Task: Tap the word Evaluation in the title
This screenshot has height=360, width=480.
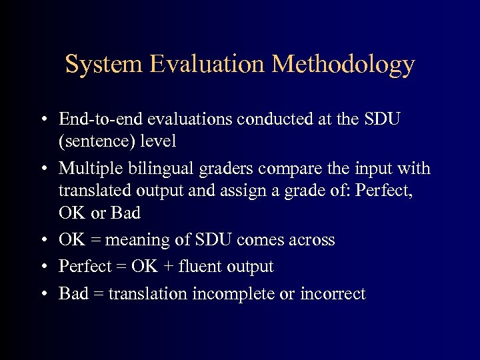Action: tap(209, 65)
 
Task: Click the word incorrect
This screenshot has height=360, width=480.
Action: tap(333, 294)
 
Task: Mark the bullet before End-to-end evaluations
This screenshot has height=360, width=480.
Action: tap(43, 121)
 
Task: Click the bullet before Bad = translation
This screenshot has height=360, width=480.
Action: tap(43, 295)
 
